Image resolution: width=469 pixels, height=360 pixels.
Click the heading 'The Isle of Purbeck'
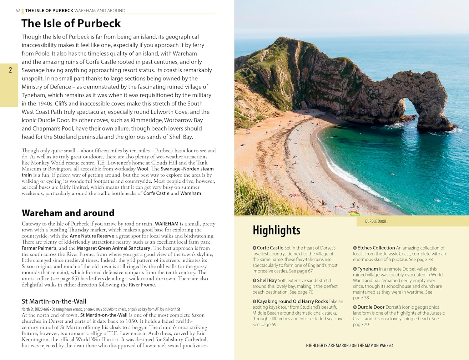click(x=71, y=23)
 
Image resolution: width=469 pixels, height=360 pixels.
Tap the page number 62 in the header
click(x=18, y=11)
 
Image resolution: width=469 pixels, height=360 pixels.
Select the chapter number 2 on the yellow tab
click(x=10, y=70)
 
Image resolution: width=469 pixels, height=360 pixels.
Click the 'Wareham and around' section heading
click(x=68, y=213)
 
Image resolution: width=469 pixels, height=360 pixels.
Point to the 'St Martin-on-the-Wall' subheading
click(x=54, y=301)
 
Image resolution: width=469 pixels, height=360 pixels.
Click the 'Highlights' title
click(x=276, y=230)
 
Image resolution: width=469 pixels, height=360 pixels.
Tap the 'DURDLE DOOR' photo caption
click(x=376, y=221)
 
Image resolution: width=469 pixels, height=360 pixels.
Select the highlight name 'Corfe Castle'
click(x=270, y=248)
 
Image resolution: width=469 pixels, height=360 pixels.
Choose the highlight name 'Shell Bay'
click(x=267, y=281)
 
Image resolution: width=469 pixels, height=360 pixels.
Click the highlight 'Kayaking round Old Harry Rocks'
click(x=292, y=301)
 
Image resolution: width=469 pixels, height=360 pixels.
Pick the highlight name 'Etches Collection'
click(x=376, y=248)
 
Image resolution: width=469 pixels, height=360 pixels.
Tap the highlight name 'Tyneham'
click(x=367, y=269)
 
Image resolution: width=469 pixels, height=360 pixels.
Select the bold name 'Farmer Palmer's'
click(x=39, y=248)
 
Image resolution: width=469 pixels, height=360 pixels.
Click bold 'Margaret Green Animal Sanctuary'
click(x=113, y=248)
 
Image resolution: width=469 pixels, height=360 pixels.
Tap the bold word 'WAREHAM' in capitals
click(x=167, y=224)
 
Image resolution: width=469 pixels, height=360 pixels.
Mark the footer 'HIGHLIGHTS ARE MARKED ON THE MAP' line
click(x=350, y=346)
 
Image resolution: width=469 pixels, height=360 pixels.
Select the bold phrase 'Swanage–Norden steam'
click(x=187, y=169)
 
